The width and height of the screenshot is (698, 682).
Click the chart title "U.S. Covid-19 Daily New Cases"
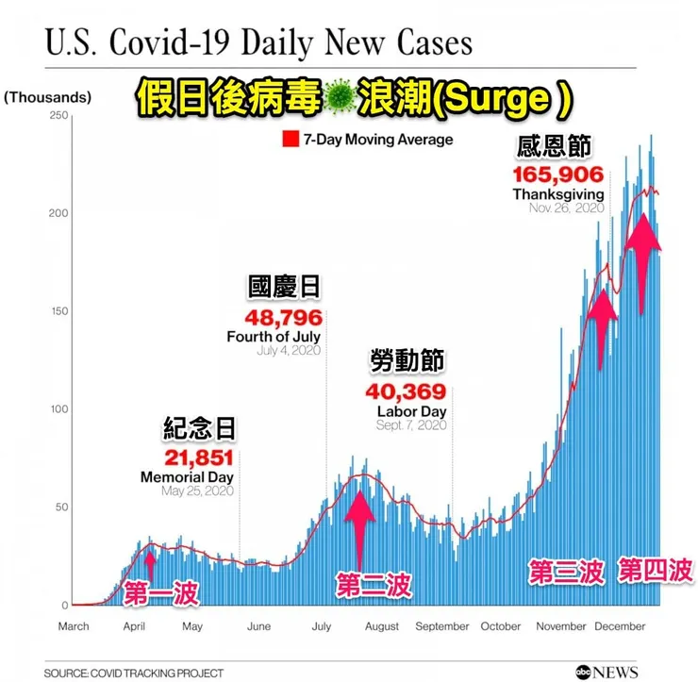[x=258, y=42]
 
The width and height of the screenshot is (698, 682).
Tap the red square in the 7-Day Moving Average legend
[x=290, y=141]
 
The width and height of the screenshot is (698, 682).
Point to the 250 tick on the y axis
[x=58, y=115]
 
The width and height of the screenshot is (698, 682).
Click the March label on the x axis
[x=74, y=626]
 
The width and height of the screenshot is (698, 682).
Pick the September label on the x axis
[x=442, y=626]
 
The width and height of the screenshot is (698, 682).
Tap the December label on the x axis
[x=621, y=626]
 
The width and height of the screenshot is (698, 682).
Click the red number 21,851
[x=199, y=458]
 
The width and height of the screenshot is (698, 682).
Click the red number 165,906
[x=558, y=175]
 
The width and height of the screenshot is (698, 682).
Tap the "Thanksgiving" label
[x=558, y=194]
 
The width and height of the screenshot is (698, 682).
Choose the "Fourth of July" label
[x=274, y=336]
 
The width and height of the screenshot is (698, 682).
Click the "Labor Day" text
[x=411, y=411]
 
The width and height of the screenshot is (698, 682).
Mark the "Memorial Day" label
[x=187, y=477]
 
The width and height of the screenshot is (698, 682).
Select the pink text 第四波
[x=656, y=570]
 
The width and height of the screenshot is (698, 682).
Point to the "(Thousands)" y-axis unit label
[x=47, y=97]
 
